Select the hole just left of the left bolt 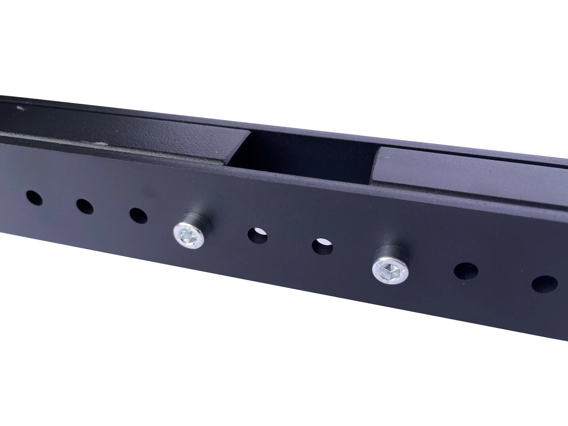click(x=139, y=215)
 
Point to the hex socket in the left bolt click(x=187, y=237)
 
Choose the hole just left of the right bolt click(x=322, y=247)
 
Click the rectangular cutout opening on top click(x=303, y=155)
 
